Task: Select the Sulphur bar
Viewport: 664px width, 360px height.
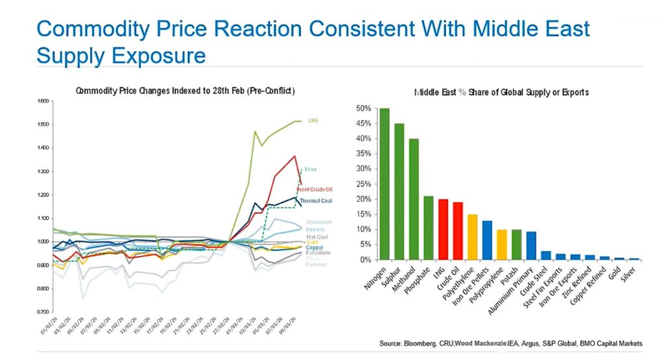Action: click(x=399, y=191)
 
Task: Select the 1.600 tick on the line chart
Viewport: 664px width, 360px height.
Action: click(x=43, y=101)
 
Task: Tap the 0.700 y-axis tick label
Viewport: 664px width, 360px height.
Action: click(x=43, y=312)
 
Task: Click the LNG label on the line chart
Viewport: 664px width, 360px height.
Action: click(x=313, y=121)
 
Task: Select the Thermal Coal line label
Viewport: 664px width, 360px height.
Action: click(x=315, y=201)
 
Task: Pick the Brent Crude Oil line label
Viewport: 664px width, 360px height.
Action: click(x=316, y=189)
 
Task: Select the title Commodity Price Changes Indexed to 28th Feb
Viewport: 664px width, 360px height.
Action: click(x=185, y=91)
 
